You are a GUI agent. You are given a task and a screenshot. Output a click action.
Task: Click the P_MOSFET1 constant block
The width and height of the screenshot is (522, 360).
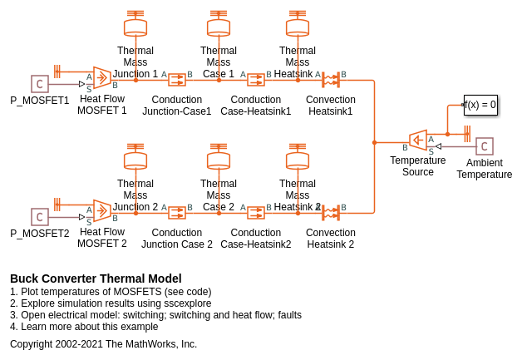pos(40,84)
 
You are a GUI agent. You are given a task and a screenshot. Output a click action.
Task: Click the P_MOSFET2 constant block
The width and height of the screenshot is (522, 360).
pos(40,217)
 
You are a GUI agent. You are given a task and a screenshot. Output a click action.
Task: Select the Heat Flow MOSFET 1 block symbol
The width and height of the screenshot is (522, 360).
pos(102,78)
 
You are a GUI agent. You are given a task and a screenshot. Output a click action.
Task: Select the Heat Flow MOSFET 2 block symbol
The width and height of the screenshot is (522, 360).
pos(102,211)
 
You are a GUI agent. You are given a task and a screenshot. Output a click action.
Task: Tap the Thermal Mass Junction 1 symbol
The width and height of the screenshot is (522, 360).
pos(135,27)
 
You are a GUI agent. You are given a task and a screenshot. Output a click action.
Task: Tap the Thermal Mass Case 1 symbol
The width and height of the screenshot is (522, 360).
pos(219,27)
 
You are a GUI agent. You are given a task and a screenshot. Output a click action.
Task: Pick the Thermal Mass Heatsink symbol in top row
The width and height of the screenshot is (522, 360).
pos(298,27)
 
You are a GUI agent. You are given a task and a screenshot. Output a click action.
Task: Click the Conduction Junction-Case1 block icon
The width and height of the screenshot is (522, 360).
pos(177,80)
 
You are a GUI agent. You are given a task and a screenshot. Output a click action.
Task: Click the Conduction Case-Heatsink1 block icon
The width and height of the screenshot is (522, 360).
pos(256,80)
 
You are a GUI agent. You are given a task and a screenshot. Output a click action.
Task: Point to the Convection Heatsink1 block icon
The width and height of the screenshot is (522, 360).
pos(331,80)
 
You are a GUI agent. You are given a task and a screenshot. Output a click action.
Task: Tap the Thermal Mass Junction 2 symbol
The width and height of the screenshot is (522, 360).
pos(135,160)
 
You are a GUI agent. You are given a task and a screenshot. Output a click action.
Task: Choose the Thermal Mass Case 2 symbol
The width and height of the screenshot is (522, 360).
pos(219,160)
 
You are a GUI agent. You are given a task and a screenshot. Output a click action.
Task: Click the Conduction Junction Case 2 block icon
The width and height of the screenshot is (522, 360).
pos(177,213)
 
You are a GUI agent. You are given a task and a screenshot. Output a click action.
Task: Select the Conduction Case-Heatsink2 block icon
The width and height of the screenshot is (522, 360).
pos(256,213)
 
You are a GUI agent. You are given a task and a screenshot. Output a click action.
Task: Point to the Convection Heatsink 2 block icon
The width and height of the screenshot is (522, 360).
pos(331,213)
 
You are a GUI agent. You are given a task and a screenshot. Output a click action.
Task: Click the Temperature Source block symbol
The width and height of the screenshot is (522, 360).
pos(418,141)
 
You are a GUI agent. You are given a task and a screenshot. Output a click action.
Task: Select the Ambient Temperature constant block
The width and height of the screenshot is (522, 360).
pos(485,146)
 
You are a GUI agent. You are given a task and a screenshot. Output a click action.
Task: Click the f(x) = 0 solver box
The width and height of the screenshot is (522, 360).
pos(480,105)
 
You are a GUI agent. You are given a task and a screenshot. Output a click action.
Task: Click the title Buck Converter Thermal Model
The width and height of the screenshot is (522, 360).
pos(96,279)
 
